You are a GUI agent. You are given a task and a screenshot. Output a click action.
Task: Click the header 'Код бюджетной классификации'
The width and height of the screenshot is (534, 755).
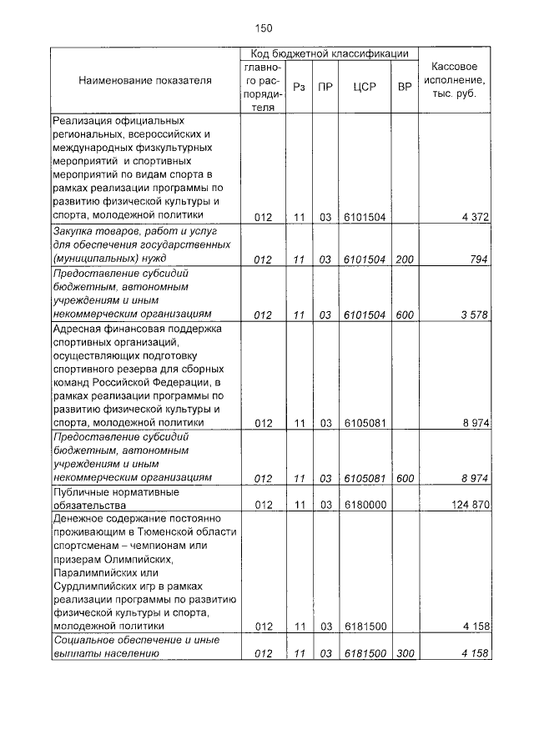click(329, 53)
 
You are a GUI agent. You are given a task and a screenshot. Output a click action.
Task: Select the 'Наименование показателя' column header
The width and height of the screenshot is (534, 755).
click(145, 81)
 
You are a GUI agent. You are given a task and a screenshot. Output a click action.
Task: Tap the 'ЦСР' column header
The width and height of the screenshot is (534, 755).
click(363, 86)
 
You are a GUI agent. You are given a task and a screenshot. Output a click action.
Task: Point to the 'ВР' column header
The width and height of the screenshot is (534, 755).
click(405, 86)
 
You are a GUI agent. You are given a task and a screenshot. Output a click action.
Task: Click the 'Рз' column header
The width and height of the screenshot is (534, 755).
click(299, 86)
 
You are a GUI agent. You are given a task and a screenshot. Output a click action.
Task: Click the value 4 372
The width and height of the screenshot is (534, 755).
click(474, 217)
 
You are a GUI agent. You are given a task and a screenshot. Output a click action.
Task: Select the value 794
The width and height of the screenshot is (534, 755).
click(478, 259)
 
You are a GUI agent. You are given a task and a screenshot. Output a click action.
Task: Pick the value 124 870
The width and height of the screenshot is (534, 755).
click(469, 505)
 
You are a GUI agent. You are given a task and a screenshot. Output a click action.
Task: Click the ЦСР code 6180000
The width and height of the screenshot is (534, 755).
click(364, 505)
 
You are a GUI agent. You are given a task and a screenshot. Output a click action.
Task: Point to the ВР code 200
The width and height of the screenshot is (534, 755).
click(405, 259)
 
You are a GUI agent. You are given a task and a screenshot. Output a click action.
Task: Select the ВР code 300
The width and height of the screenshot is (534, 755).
click(405, 653)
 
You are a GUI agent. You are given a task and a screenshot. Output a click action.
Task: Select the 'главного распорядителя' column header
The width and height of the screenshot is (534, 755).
click(264, 86)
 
